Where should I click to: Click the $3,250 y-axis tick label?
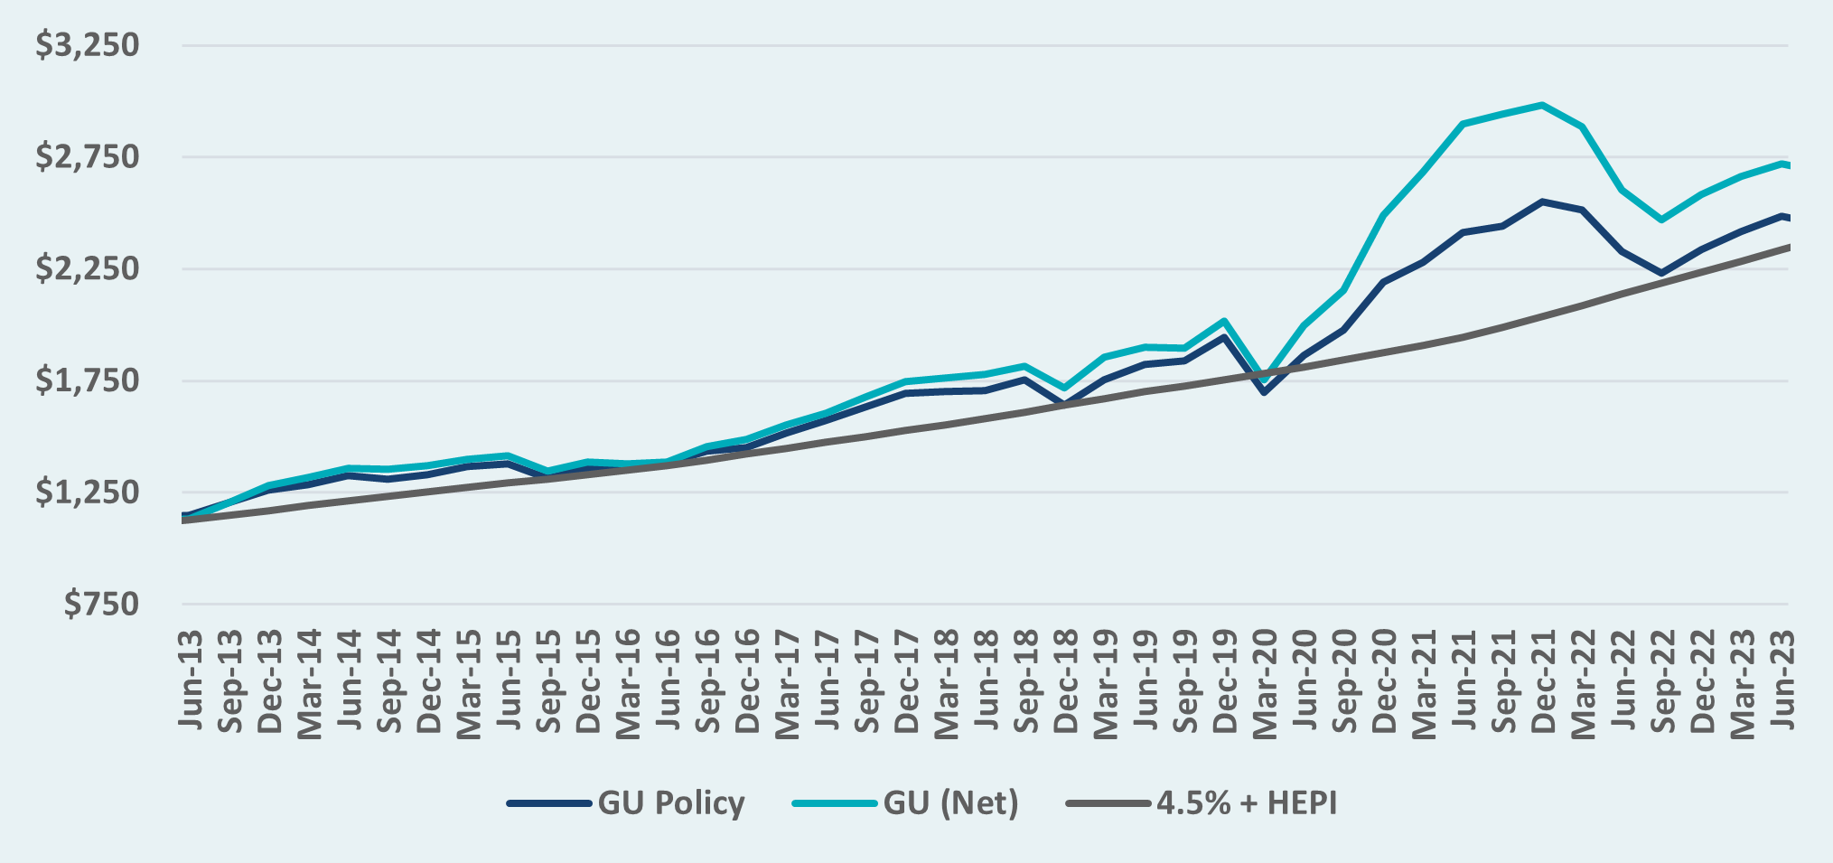coord(88,45)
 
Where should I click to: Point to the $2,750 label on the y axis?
coord(88,157)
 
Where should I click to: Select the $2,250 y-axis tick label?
coord(88,269)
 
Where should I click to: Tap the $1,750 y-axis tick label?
coord(88,380)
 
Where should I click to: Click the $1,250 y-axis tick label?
coord(88,492)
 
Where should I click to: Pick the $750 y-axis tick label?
coord(101,605)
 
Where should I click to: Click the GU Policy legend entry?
coord(626,802)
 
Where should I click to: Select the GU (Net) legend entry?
coord(905,802)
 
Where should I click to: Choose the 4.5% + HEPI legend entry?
coord(1202,802)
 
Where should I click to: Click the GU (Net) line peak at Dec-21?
coord(1542,105)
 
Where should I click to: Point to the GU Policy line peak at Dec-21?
coord(1542,202)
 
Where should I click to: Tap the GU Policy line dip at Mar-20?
coord(1264,392)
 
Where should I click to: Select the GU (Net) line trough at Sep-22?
coord(1661,220)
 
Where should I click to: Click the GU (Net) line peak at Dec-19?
coord(1224,321)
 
